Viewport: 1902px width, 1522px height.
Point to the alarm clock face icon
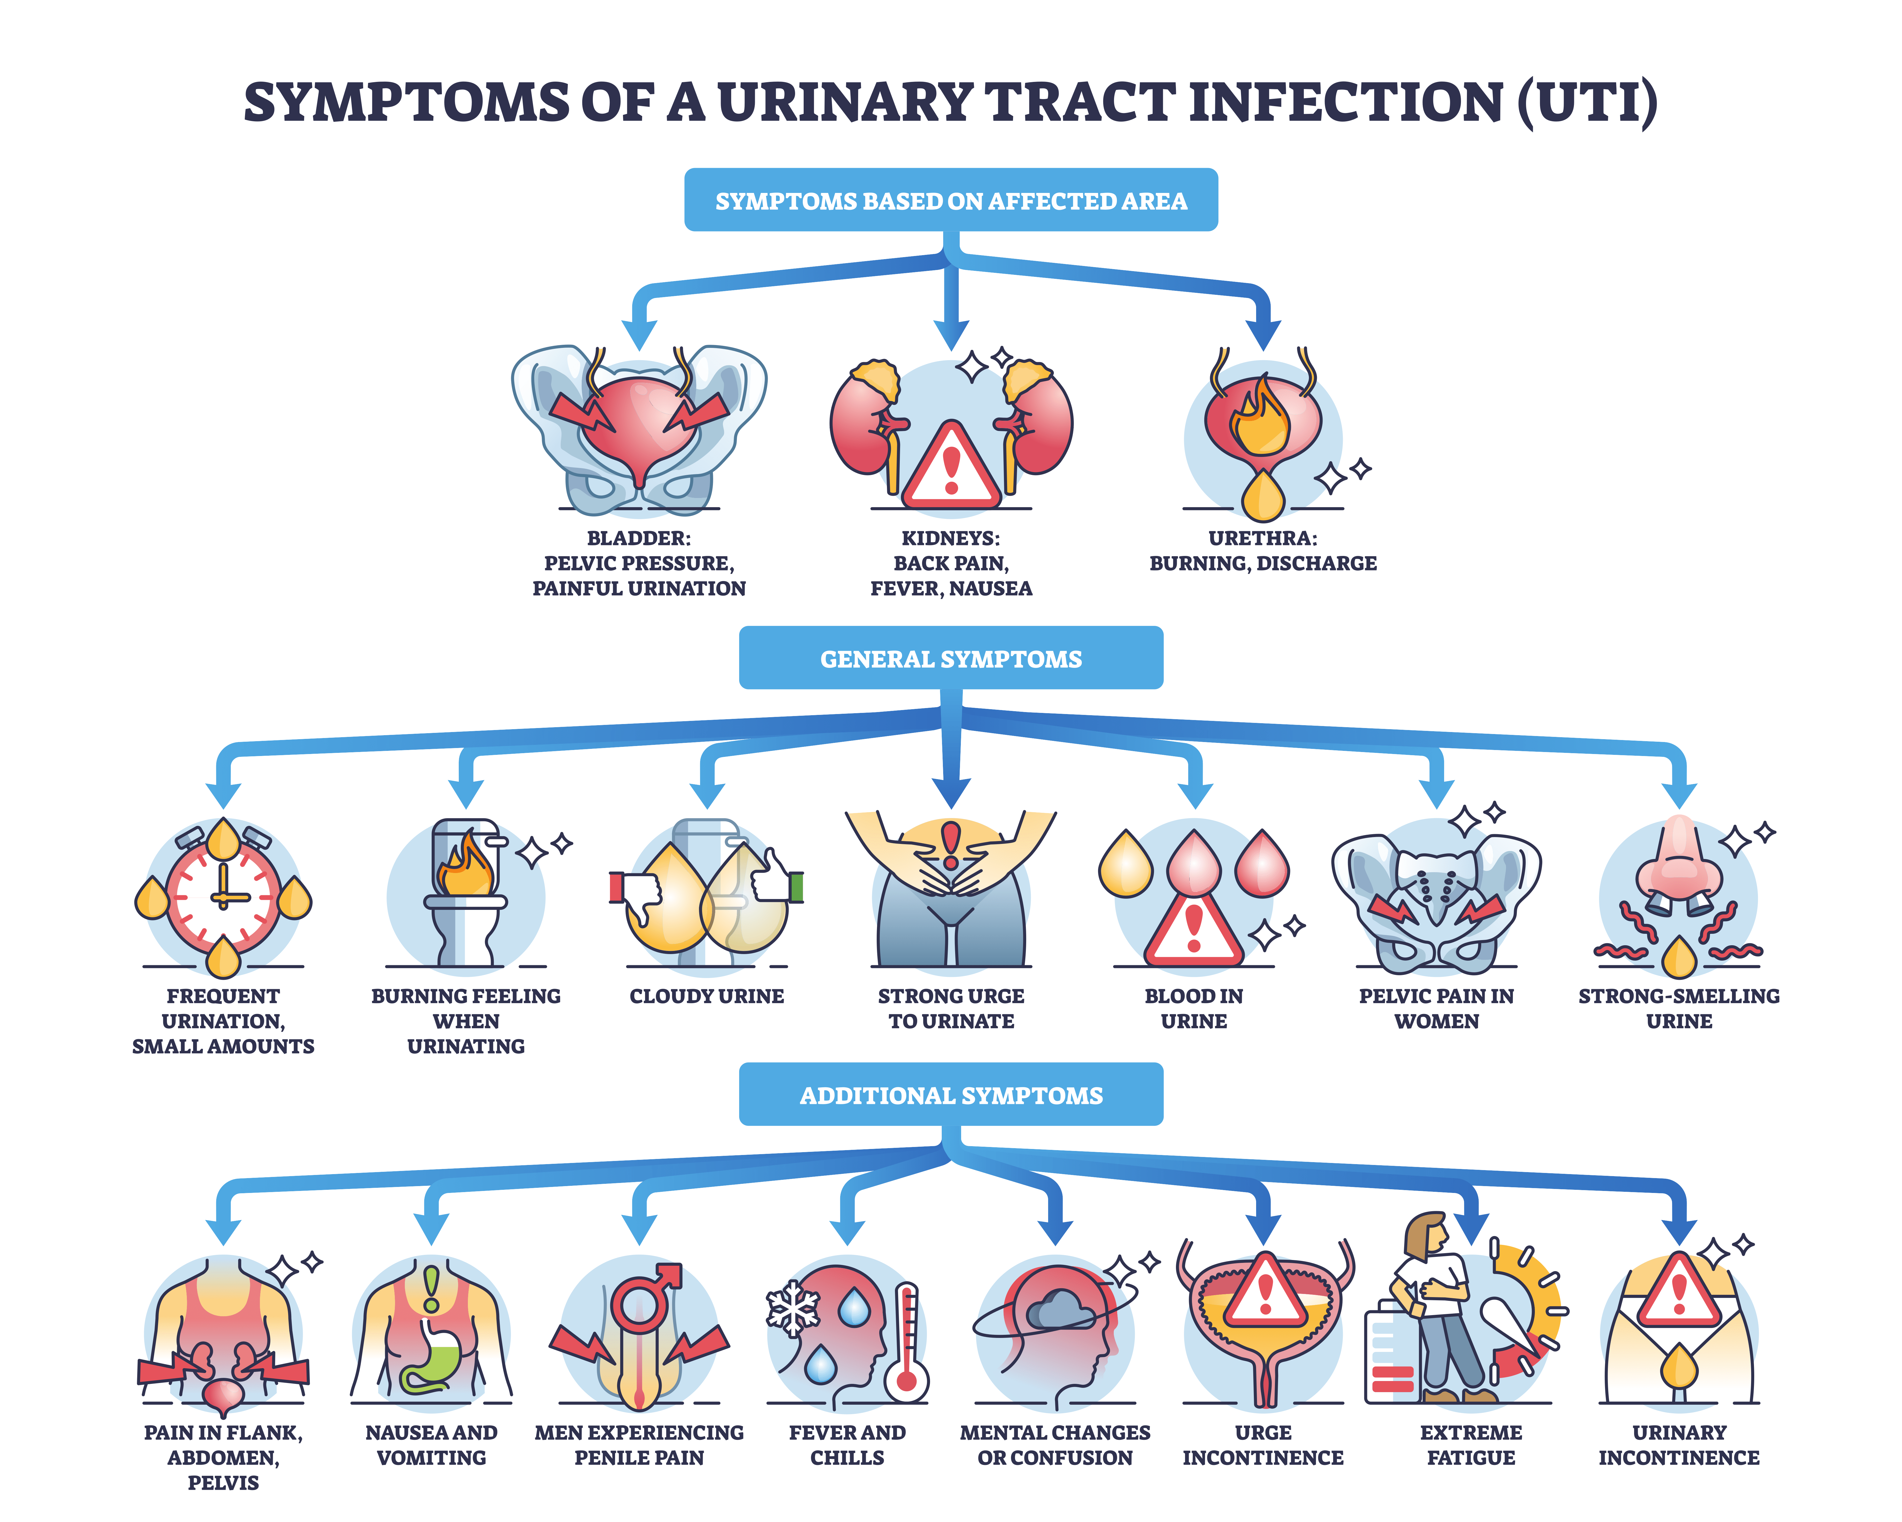click(x=223, y=896)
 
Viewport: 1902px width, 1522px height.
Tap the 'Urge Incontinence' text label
click(x=1262, y=1444)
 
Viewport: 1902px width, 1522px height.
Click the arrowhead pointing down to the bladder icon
click(x=639, y=334)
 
